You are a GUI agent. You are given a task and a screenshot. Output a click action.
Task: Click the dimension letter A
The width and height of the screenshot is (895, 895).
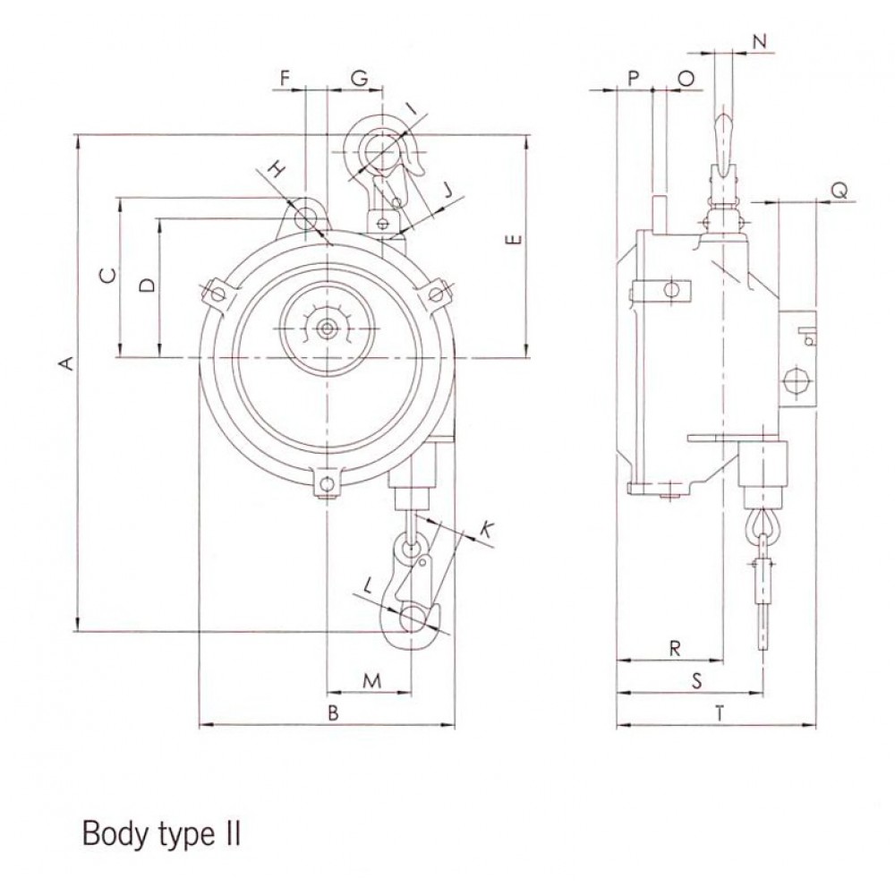tap(67, 362)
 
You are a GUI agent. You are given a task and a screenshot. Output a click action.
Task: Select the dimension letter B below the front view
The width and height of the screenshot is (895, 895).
tap(333, 712)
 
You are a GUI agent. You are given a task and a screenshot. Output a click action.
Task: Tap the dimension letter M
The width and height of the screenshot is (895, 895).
tap(371, 680)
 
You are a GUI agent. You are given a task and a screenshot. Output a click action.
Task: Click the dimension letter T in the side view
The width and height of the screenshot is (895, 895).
tap(720, 713)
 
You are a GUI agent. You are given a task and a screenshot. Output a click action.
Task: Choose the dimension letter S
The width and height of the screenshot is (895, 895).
tap(696, 680)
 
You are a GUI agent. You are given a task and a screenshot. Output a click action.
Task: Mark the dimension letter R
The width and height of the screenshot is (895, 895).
tap(675, 648)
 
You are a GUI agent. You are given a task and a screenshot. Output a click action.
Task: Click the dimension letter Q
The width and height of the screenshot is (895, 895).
tap(840, 191)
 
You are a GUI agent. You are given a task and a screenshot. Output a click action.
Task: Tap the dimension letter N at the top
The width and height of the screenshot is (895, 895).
tap(759, 41)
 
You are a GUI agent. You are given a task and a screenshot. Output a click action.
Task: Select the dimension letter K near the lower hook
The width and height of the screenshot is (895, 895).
tap(486, 530)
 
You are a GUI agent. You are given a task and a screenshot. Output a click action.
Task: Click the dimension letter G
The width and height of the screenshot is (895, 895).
tap(359, 78)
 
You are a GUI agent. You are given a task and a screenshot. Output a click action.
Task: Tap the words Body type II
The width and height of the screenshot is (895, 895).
tap(161, 834)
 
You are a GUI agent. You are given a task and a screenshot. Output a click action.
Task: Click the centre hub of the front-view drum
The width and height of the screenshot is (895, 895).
tap(327, 328)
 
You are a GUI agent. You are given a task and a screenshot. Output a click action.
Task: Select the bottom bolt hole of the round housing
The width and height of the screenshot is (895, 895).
tap(327, 484)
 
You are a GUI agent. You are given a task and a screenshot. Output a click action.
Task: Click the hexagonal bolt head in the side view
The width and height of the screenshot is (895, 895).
tap(797, 379)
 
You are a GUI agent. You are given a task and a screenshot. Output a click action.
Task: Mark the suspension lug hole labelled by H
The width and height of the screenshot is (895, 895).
tap(306, 217)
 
